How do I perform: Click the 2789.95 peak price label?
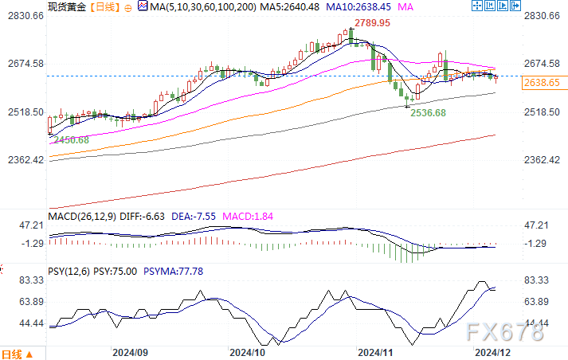click(x=374, y=23)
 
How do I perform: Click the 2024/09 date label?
click(x=131, y=351)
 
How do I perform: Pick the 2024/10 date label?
click(x=247, y=351)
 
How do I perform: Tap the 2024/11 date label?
click(x=376, y=351)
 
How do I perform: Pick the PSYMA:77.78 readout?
click(x=174, y=272)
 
